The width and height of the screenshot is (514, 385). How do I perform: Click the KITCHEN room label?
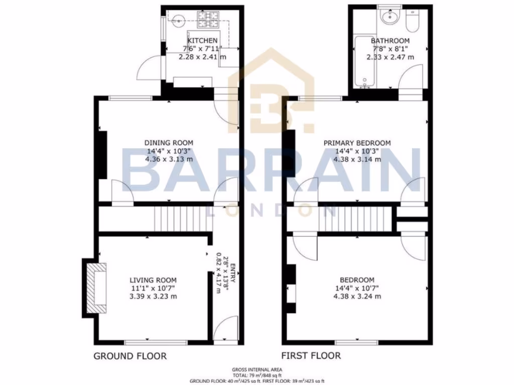click(x=202, y=41)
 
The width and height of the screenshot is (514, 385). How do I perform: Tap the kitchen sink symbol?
click(x=176, y=21)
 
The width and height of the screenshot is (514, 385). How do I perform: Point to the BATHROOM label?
click(x=390, y=41)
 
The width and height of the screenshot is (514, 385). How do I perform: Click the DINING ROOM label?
click(x=169, y=143)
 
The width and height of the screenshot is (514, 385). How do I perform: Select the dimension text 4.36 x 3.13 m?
click(x=169, y=159)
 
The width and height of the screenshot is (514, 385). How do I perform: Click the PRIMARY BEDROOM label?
click(x=357, y=143)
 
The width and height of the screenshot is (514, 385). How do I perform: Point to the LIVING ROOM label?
click(x=153, y=280)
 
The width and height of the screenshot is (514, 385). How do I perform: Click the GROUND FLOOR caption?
click(x=130, y=356)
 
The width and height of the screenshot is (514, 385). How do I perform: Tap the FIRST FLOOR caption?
click(x=311, y=356)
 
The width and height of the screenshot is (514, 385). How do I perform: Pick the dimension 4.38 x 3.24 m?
click(x=357, y=296)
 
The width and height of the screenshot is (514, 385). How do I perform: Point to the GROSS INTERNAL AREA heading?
click(x=256, y=369)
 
